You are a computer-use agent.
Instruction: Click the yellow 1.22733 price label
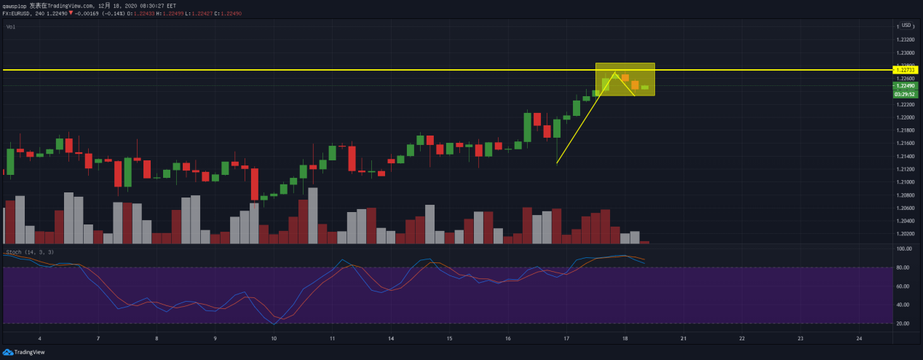(906, 70)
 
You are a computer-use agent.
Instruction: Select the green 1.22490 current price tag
(906, 86)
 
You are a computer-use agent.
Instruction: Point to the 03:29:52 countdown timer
(906, 94)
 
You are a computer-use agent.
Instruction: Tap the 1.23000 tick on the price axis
(906, 53)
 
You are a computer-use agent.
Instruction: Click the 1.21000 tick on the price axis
(906, 182)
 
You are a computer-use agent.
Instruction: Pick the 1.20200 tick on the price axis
(906, 234)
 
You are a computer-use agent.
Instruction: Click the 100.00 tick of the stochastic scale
(906, 249)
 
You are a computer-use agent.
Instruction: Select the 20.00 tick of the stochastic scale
(906, 324)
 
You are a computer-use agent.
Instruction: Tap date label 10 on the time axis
(274, 339)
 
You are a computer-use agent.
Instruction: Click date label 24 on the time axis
(860, 339)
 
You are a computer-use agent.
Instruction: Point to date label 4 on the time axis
(39, 339)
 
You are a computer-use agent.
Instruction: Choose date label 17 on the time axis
(566, 339)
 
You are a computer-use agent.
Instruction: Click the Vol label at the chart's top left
(10, 27)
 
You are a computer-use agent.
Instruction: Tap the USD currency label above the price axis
(906, 26)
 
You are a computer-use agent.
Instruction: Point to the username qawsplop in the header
(14, 5)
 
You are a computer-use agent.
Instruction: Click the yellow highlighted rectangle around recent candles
(625, 79)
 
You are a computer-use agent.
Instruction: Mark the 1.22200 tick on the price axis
(906, 105)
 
